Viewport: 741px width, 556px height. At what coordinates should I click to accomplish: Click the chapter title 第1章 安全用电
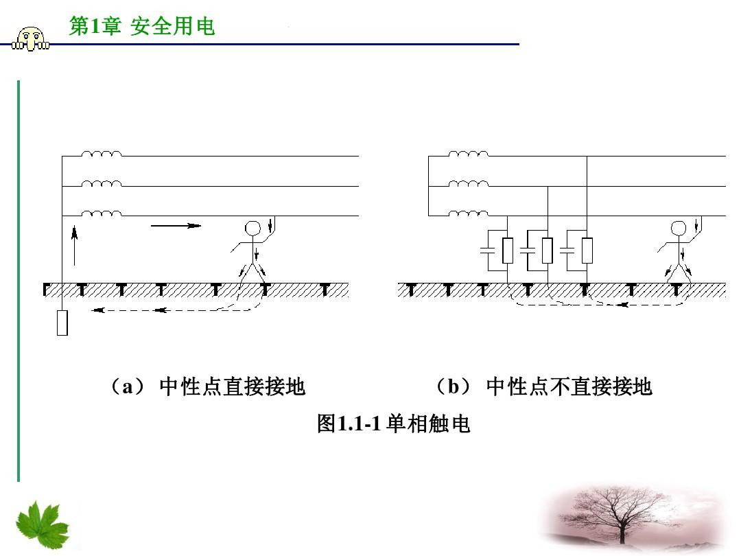142,26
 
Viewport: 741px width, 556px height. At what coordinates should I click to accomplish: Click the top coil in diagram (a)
101,154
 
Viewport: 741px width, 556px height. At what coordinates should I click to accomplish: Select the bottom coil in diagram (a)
101,213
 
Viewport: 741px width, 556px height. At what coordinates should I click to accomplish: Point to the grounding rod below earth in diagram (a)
62,323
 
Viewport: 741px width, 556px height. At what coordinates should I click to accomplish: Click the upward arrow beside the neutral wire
74,246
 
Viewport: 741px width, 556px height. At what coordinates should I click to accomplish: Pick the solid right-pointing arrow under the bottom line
176,226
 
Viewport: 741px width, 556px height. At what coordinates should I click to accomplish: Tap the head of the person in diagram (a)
252,229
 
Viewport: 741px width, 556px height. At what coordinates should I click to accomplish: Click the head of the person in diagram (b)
679,229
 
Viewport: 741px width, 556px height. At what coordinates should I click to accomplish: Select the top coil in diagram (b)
469,154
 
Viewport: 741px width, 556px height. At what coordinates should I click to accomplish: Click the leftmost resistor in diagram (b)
508,251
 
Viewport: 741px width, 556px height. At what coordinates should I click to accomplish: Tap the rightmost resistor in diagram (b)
587,251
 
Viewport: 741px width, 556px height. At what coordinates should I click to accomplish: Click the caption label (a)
128,386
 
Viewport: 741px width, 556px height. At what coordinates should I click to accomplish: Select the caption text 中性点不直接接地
569,386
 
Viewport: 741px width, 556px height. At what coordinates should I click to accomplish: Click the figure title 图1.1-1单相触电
394,423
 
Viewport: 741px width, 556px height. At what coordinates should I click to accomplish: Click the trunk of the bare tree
622,532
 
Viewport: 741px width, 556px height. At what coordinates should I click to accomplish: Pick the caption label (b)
454,386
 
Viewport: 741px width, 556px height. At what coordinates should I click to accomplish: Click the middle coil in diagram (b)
469,183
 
